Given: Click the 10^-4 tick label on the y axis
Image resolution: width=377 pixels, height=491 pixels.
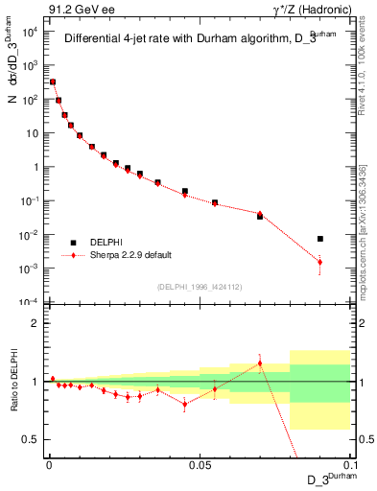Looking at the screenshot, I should (27, 302).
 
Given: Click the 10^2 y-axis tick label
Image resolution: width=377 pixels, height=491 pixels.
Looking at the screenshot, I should (27, 99).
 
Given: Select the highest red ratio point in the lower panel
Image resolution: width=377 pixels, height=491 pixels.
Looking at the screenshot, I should (260, 363).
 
